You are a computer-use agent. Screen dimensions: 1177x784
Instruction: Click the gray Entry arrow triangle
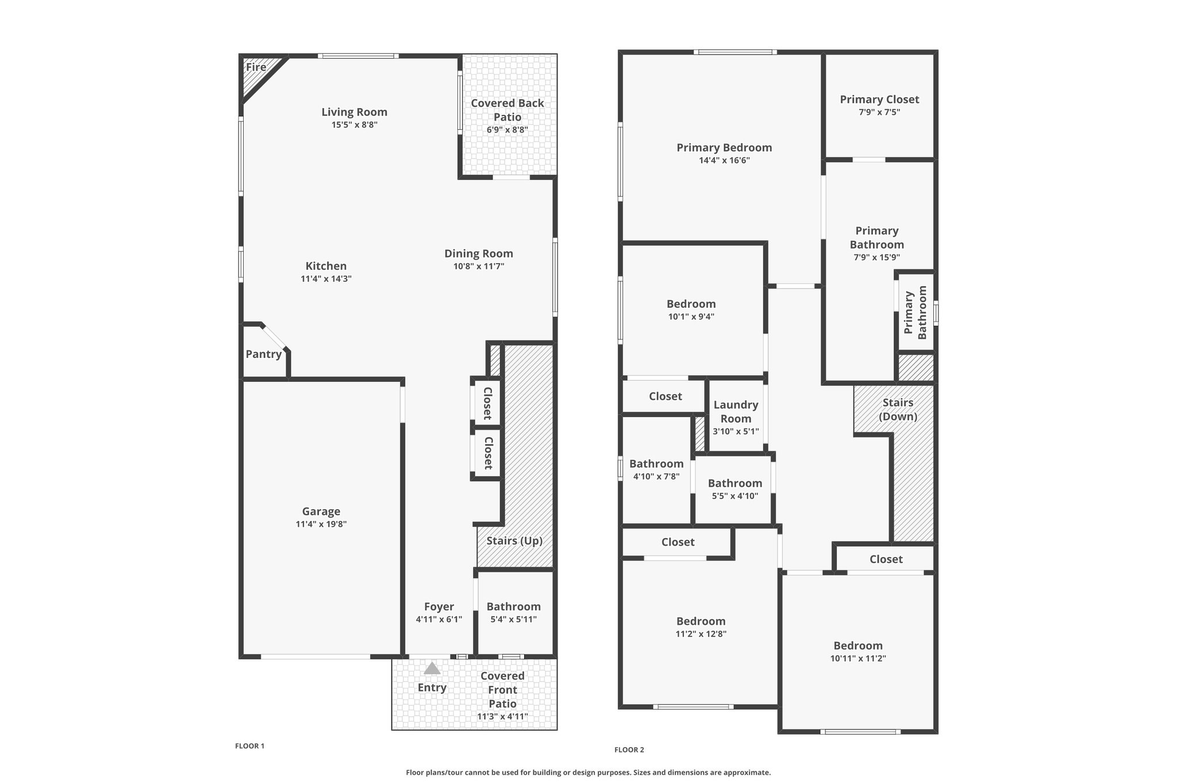[x=432, y=669]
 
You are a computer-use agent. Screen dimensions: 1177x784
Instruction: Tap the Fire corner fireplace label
[x=256, y=67]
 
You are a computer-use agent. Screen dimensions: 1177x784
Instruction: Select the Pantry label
[x=264, y=354]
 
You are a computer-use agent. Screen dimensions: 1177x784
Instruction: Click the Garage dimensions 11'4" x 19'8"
[x=321, y=524]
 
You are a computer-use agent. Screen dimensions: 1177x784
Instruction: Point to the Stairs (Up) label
[x=514, y=541]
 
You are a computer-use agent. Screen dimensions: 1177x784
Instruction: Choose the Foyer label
[x=439, y=607]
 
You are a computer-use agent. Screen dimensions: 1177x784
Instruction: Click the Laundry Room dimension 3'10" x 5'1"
[x=736, y=431]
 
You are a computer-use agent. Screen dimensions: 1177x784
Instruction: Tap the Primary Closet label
[x=879, y=99]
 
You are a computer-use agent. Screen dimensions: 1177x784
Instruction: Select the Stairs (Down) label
[x=898, y=410]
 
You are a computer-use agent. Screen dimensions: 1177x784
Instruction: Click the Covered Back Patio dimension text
[x=507, y=130]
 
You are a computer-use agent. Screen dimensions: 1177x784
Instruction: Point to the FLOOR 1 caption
[x=249, y=746]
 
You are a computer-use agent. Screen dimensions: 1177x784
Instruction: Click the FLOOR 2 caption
[x=629, y=750]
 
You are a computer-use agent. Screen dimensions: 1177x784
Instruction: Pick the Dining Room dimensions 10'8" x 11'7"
[x=479, y=266]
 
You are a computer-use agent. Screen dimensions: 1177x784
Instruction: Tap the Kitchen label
[x=326, y=266]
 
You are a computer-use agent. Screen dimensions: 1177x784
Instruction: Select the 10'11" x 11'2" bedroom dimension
[x=858, y=658]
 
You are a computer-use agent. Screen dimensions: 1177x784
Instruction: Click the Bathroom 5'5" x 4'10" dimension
[x=735, y=496]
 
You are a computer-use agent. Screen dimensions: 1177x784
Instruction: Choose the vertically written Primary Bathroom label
[x=916, y=312]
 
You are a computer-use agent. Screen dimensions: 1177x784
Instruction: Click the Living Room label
[x=354, y=112]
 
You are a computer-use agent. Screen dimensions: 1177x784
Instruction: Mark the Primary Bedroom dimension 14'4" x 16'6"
[x=724, y=160]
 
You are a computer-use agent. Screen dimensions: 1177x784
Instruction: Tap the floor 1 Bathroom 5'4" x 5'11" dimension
[x=513, y=619]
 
